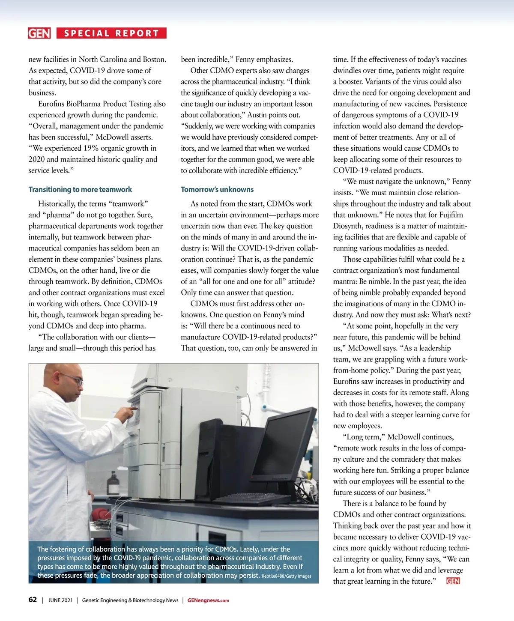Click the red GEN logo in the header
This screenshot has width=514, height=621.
(39, 33)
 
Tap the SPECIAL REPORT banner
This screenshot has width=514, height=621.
(111, 33)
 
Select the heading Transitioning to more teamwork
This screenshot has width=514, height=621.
(80, 189)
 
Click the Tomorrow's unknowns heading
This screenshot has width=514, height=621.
(217, 189)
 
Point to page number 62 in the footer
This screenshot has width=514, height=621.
(33, 600)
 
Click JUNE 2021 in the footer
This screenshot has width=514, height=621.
(60, 600)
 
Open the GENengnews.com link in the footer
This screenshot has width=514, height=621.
(208, 600)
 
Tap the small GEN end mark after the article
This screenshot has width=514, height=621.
(453, 581)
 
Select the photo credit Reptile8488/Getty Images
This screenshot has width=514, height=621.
(287, 576)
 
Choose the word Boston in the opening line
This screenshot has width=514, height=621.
(154, 59)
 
